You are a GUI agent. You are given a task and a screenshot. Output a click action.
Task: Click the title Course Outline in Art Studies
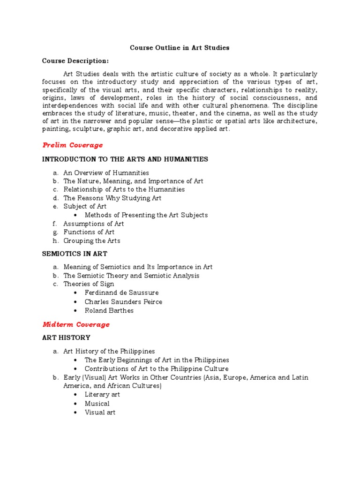[180, 48]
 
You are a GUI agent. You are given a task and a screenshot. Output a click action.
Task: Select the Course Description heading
[75, 61]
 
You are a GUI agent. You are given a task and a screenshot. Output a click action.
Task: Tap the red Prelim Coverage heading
[73, 145]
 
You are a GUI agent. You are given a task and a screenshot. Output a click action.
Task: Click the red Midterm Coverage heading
[76, 324]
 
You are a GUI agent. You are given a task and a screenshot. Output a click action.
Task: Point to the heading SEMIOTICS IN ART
[75, 254]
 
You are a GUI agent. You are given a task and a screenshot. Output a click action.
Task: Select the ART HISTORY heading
[66, 337]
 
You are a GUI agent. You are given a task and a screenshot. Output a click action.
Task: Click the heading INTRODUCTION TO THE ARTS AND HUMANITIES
[125, 159]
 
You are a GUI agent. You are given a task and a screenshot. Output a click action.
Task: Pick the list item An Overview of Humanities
[106, 172]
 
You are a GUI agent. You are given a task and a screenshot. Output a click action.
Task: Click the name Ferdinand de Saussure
[121, 293]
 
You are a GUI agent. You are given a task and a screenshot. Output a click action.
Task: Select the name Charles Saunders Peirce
[123, 302]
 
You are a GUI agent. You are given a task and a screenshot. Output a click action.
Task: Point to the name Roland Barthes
[109, 310]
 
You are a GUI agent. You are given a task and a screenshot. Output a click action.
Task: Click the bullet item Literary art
[102, 395]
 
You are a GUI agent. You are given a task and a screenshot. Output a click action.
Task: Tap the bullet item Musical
[97, 404]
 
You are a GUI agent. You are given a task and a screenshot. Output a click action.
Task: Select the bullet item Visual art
[100, 412]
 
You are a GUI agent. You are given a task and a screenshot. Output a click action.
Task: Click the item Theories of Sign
[89, 284]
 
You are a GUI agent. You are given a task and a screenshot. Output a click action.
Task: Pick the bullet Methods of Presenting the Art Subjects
[146, 215]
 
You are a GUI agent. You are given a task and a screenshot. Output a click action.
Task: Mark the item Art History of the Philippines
[109, 351]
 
